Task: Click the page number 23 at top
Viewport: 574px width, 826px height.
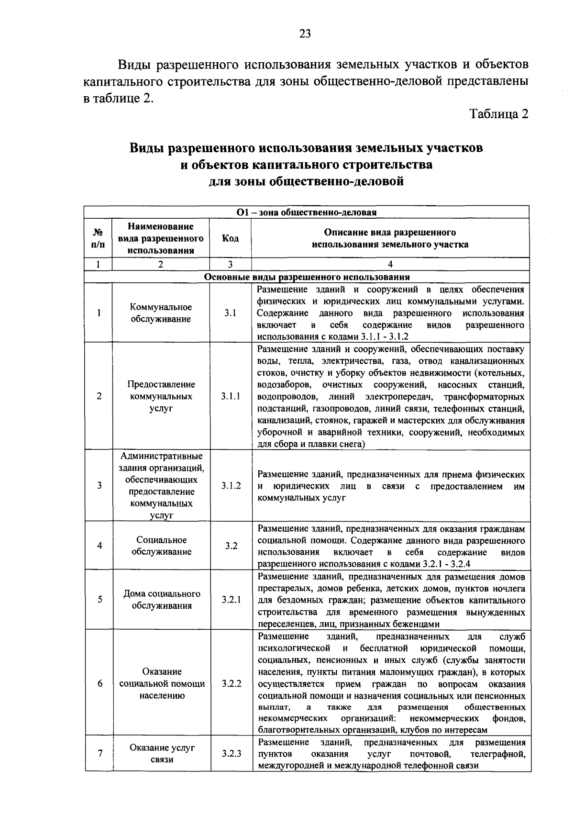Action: click(305, 34)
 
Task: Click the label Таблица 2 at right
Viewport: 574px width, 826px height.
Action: click(499, 114)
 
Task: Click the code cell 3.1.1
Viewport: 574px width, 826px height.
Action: click(231, 396)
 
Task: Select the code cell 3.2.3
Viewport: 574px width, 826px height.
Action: click(231, 754)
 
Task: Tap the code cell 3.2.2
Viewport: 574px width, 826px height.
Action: click(231, 683)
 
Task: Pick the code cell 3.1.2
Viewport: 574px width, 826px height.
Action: click(231, 485)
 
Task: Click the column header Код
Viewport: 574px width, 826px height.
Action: click(231, 238)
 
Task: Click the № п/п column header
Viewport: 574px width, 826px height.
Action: click(98, 238)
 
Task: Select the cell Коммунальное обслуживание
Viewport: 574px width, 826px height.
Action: click(161, 313)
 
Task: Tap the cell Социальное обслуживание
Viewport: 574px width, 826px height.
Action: click(161, 546)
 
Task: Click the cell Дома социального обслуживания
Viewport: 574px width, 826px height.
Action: click(162, 600)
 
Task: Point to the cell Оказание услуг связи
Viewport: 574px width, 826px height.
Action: click(162, 754)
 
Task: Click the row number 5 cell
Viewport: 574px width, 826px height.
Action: click(99, 600)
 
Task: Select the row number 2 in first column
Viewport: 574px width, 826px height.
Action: click(99, 396)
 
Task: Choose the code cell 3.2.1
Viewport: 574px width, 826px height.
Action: click(231, 600)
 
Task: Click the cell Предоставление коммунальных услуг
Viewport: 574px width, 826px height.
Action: click(161, 396)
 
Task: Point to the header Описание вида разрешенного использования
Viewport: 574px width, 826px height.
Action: click(390, 238)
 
